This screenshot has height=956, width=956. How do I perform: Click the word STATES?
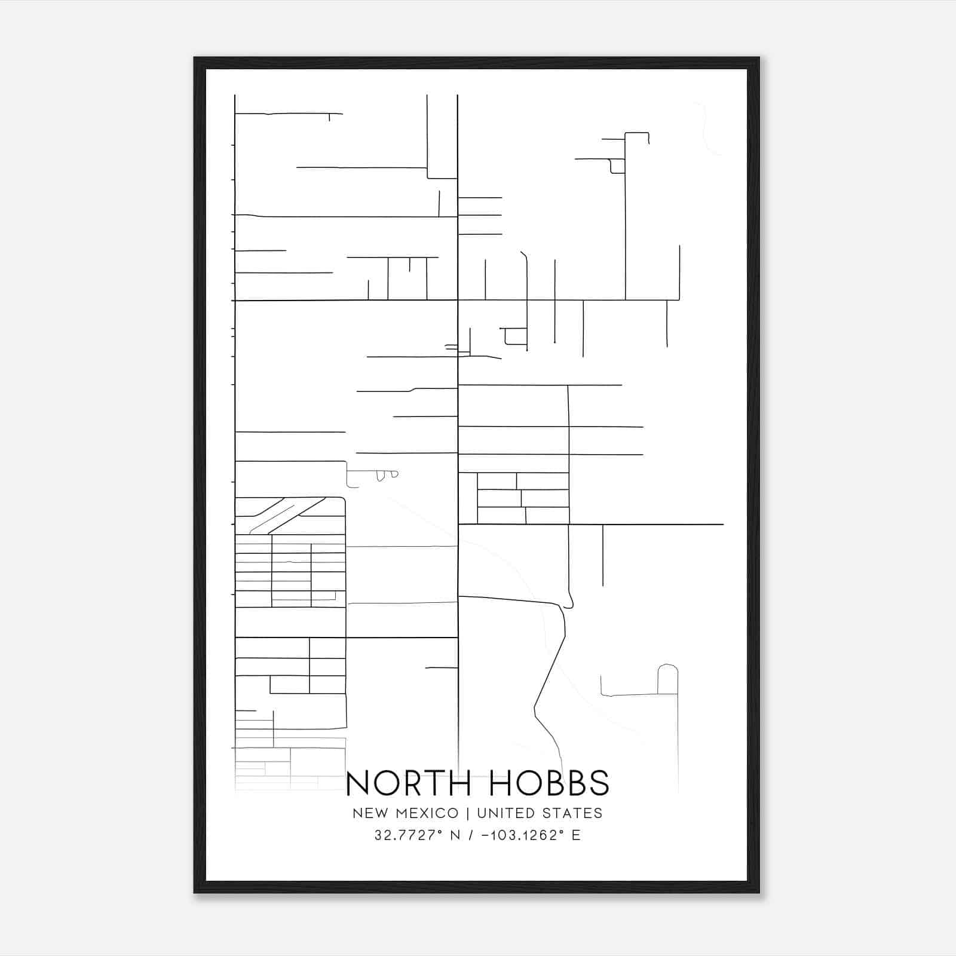[573, 813]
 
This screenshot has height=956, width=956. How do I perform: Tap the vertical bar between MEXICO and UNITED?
[468, 813]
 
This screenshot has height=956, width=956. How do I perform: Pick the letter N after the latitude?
[455, 835]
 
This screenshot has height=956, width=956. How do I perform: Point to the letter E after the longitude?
[576, 835]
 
